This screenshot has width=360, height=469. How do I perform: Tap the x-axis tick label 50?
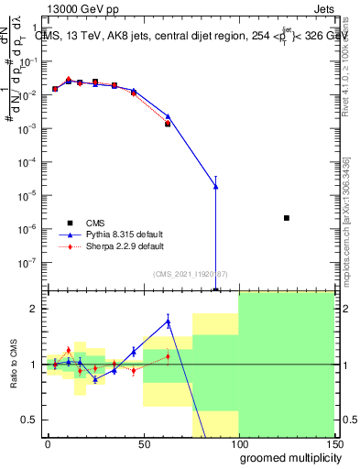coord(143,442)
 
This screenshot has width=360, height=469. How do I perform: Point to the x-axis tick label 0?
coord(48,442)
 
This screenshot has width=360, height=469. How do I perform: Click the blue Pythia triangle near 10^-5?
coord(215,187)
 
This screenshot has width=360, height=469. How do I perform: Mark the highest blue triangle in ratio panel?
coord(168,321)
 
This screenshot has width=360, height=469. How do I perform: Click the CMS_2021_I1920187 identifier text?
coord(191,272)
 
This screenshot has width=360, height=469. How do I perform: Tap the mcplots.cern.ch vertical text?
coord(348,229)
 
